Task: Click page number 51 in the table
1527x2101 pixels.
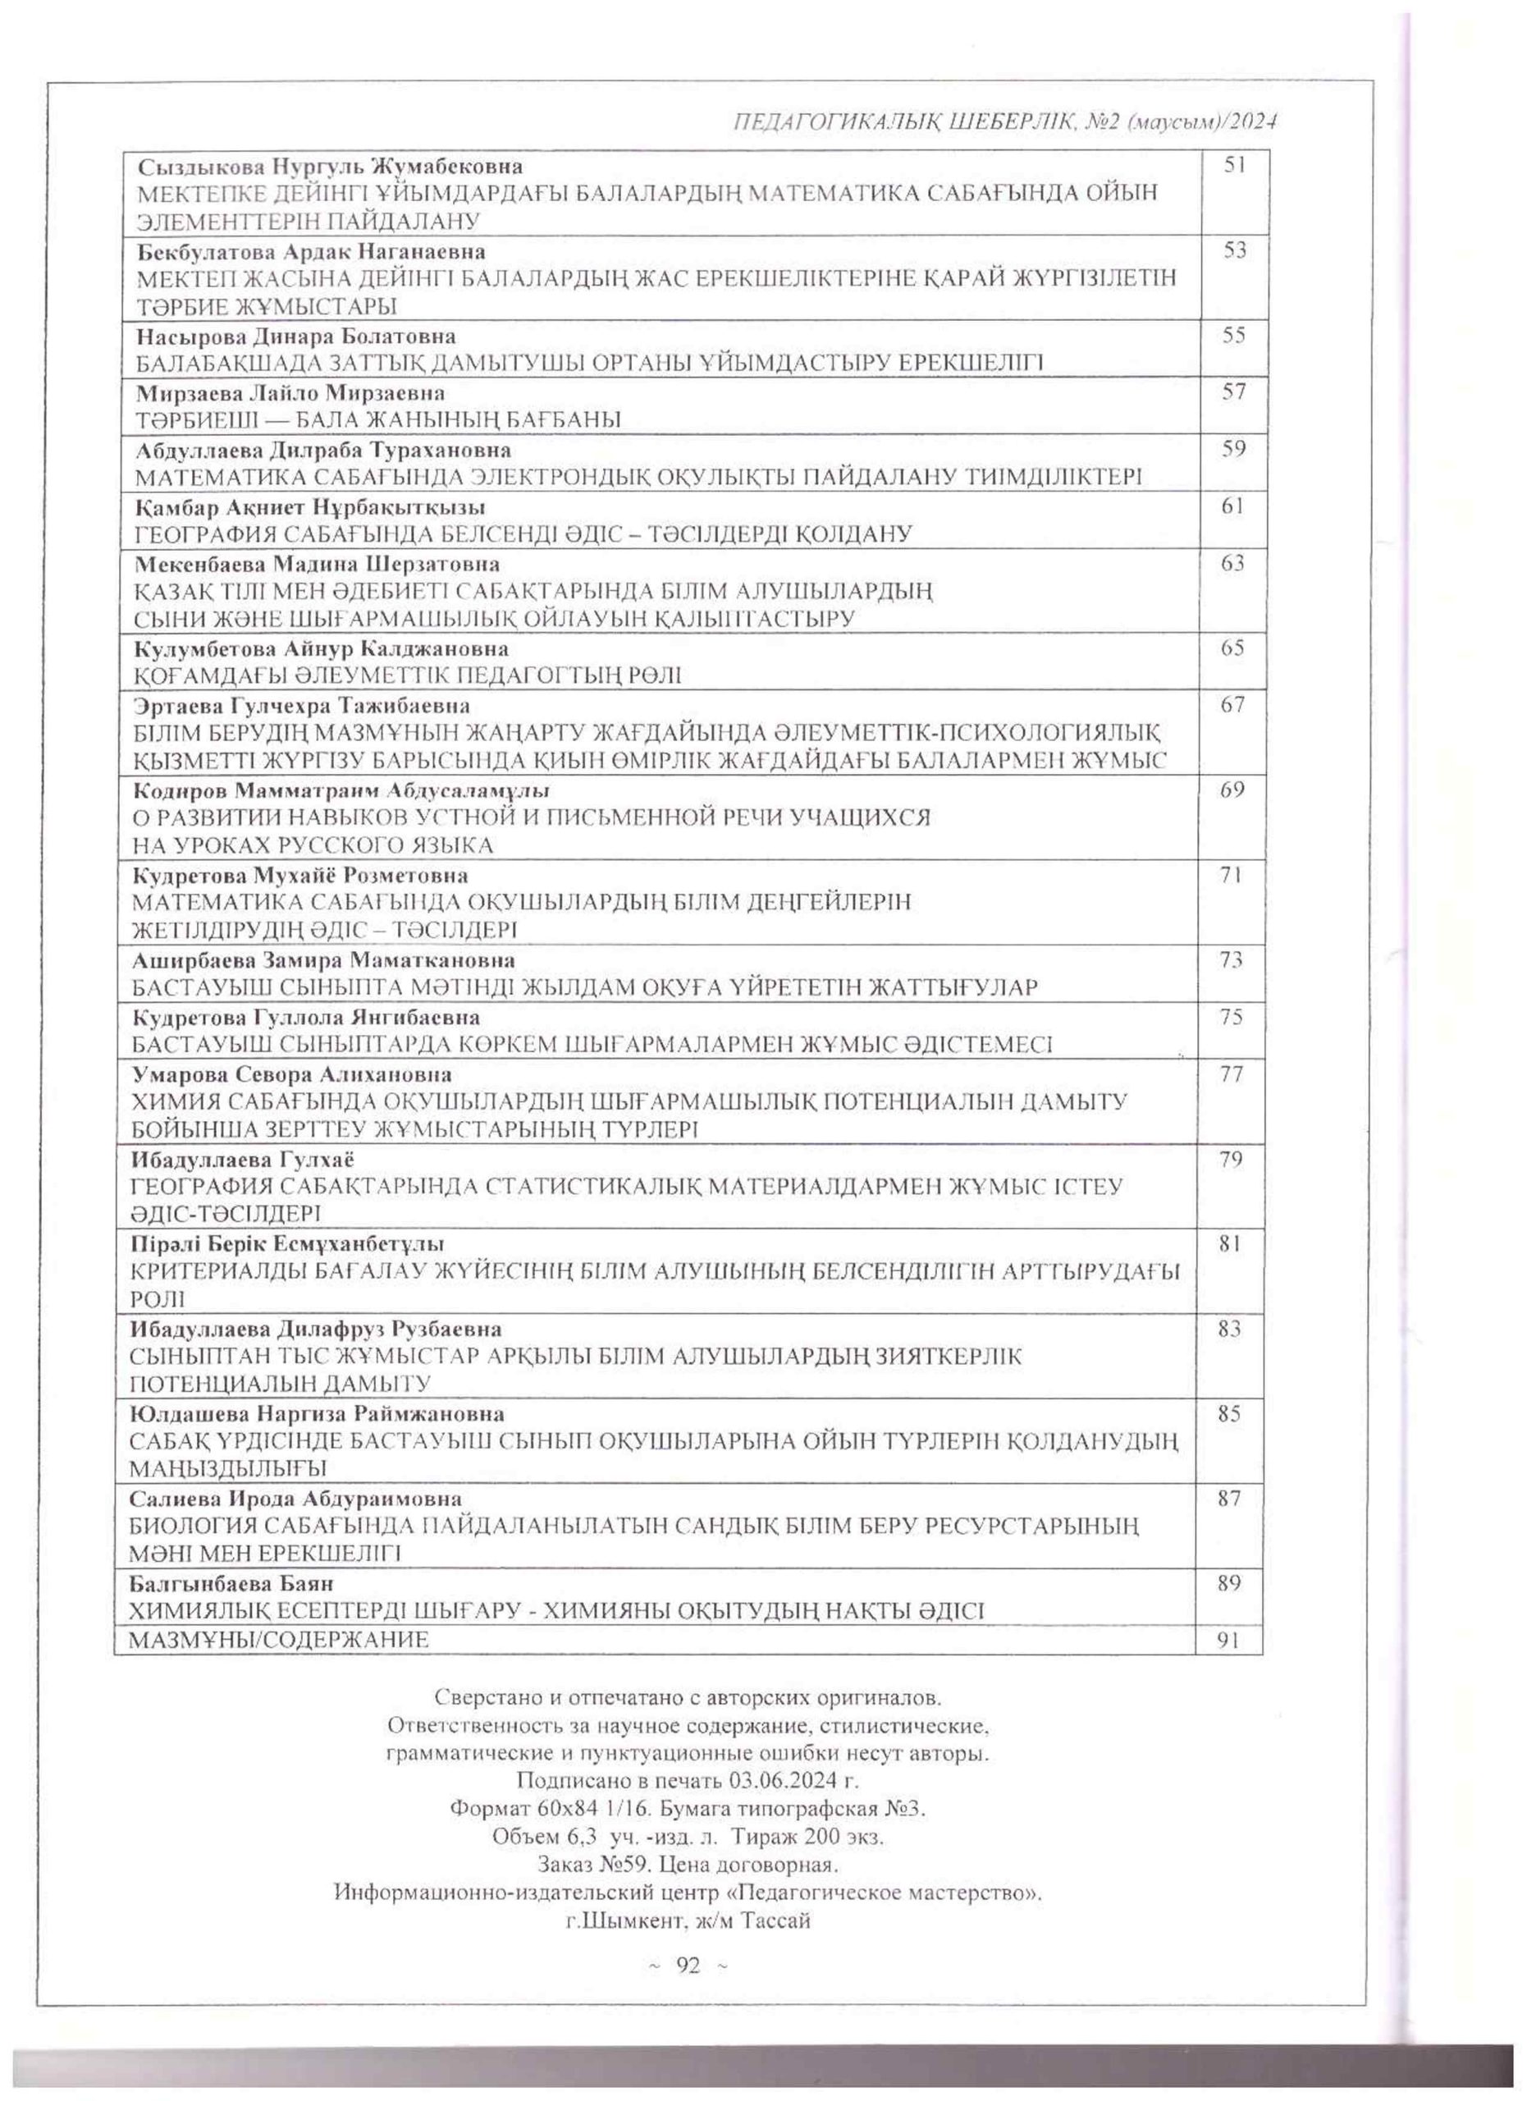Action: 1234,166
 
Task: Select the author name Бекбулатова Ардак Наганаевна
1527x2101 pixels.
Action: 311,252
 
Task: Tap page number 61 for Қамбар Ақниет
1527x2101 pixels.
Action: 1232,506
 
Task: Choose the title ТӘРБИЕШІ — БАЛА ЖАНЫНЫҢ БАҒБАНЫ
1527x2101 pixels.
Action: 377,419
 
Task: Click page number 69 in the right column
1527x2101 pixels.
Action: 1232,790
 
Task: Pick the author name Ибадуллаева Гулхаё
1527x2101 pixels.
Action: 245,1160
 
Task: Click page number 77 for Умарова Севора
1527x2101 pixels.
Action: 1231,1074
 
